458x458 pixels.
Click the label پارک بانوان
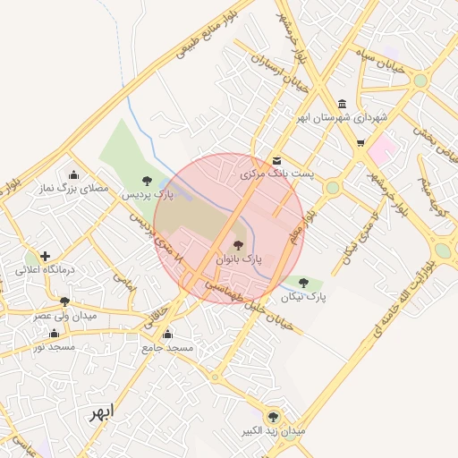click(x=238, y=259)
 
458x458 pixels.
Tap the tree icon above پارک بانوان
click(x=238, y=244)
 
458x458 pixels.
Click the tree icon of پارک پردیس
click(x=147, y=180)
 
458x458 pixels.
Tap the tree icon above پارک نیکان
click(x=304, y=282)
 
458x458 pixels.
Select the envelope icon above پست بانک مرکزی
click(x=276, y=160)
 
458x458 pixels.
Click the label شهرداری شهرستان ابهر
click(x=343, y=117)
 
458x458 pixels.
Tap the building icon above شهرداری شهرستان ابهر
click(x=343, y=104)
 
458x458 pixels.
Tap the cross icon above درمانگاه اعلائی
click(x=45, y=256)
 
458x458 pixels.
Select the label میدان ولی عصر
click(x=64, y=315)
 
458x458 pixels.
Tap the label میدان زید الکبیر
click(x=273, y=431)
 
